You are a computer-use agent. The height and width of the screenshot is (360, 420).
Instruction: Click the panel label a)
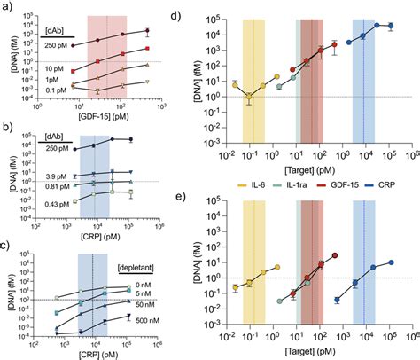click(x=7, y=7)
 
